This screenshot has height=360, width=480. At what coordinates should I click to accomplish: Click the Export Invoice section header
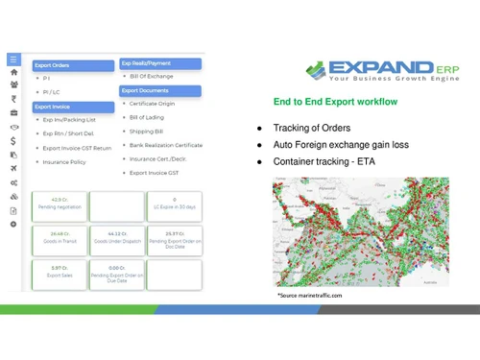(x=53, y=107)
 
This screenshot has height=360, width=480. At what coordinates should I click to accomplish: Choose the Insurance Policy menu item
(x=64, y=162)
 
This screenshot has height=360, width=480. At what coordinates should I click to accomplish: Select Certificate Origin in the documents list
(x=156, y=103)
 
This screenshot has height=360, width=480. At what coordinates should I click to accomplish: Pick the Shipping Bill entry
(x=147, y=131)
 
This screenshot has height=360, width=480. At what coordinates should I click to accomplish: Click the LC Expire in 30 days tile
(x=175, y=204)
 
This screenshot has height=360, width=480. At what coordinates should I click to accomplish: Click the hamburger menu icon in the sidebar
(x=13, y=59)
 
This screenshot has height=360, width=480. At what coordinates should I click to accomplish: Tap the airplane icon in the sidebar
(x=13, y=168)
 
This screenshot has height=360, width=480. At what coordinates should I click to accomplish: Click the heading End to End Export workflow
(x=335, y=102)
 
